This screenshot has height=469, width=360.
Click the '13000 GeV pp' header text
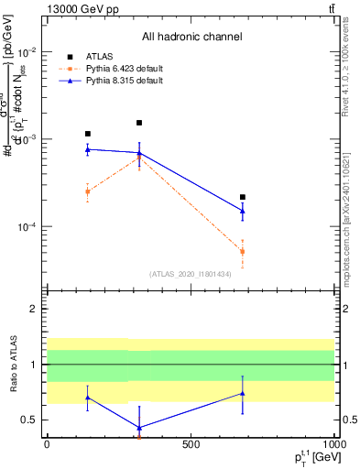(x=80, y=8)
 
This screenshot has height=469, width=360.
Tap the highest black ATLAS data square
(x=139, y=123)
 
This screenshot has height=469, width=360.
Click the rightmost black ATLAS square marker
(x=243, y=197)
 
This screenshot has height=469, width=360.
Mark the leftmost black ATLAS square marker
(x=87, y=134)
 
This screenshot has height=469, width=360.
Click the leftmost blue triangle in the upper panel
(x=87, y=148)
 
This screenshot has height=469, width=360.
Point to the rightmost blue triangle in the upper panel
(x=243, y=211)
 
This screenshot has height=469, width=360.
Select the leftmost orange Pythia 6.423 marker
(x=87, y=191)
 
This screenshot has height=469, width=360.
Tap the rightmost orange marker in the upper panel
(x=243, y=251)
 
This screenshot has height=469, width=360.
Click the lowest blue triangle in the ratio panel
(x=139, y=428)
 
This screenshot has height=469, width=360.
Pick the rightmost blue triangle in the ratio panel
(x=243, y=393)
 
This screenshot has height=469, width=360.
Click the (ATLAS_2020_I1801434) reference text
(x=191, y=274)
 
